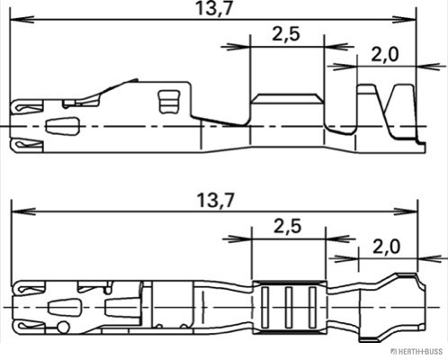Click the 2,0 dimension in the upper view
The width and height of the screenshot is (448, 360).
point(385,56)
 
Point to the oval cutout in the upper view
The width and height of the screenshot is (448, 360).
point(62,126)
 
